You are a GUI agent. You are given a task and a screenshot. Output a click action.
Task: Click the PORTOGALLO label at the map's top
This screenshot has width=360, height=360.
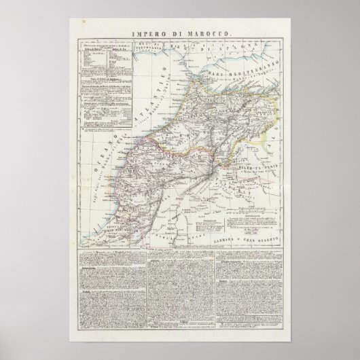[x=154, y=50]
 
